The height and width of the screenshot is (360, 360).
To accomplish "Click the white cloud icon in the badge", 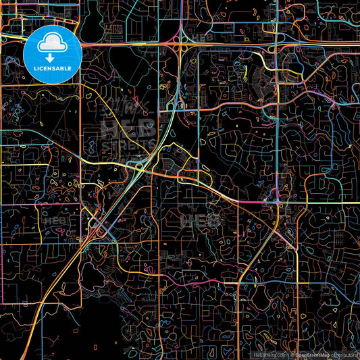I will pyautogui.click(x=52, y=45).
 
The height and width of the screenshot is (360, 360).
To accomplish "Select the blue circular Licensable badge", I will pyautogui.click(x=52, y=54).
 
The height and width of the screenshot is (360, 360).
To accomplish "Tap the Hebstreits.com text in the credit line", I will pyautogui.click(x=270, y=354).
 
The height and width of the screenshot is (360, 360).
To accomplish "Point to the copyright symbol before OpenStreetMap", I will pyautogui.click(x=292, y=354).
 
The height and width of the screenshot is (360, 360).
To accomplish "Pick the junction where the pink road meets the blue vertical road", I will pyautogui.click(x=278, y=201).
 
